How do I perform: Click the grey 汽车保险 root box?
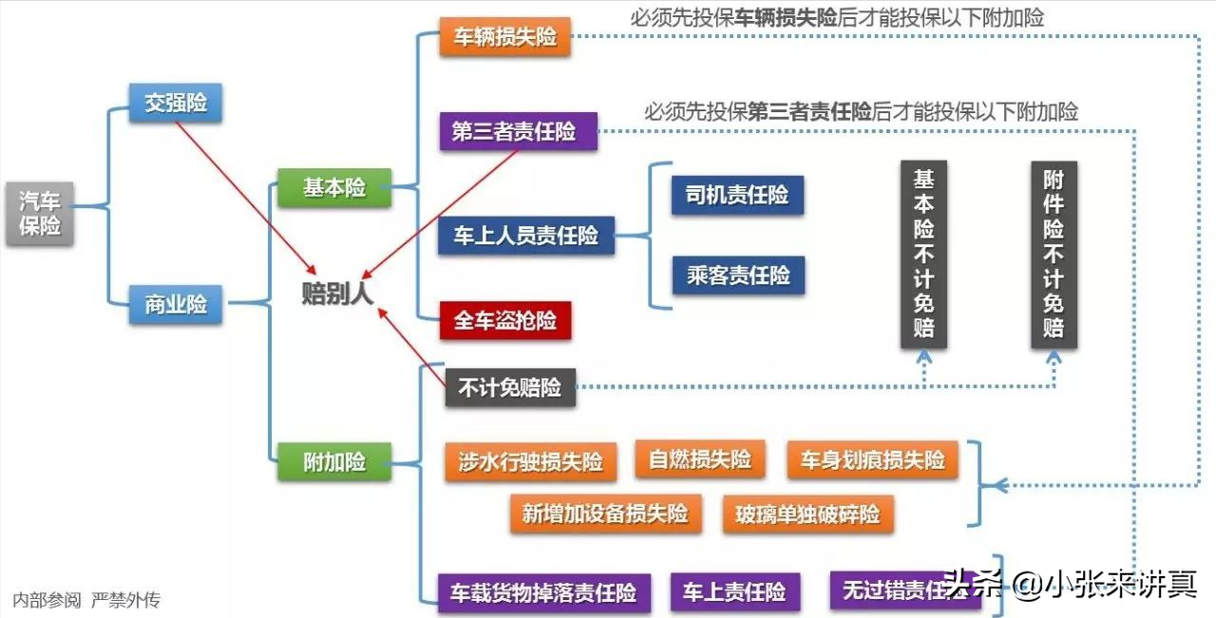click(x=40, y=213)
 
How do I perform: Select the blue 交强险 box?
click(x=176, y=103)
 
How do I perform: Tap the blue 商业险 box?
click(x=176, y=304)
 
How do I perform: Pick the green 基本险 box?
click(x=334, y=187)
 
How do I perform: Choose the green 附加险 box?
click(x=334, y=462)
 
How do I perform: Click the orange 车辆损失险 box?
click(x=504, y=36)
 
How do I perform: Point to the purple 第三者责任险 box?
click(x=519, y=131)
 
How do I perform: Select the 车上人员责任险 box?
click(x=526, y=235)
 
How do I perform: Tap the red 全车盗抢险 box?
click(x=505, y=320)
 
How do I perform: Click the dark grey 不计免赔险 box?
click(x=510, y=387)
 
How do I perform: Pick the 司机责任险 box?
click(x=738, y=195)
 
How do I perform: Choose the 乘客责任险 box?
click(x=739, y=276)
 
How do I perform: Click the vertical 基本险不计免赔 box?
click(x=924, y=254)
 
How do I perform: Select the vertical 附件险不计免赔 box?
click(x=1054, y=254)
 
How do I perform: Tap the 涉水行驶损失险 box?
click(x=531, y=462)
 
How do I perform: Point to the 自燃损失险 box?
click(x=700, y=459)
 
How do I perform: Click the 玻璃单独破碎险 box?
click(x=808, y=513)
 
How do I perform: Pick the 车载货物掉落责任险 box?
click(x=544, y=592)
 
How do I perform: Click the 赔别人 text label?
click(x=337, y=293)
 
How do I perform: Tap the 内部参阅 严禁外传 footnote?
click(x=86, y=600)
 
